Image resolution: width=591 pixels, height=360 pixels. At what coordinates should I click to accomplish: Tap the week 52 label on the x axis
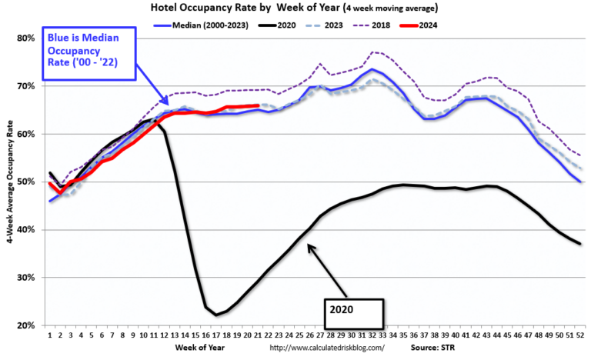point(578,335)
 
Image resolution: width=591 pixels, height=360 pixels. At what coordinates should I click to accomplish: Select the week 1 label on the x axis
point(49,335)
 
